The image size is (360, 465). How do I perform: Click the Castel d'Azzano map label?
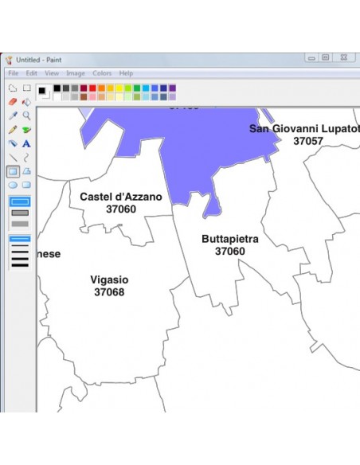(121, 197)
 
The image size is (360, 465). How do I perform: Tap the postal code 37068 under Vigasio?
(109, 292)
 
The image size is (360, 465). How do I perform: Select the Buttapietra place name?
(229, 239)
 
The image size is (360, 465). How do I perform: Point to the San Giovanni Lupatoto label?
(304, 128)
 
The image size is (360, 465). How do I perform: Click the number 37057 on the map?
(308, 141)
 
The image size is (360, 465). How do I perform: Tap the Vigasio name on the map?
(109, 280)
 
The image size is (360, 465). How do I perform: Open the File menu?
(14, 73)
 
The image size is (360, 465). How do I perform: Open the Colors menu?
(102, 73)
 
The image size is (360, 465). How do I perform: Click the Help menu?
(127, 73)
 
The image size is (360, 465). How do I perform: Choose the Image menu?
(76, 73)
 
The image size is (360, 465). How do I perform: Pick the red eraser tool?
(13, 102)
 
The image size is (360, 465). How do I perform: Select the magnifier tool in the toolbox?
(26, 115)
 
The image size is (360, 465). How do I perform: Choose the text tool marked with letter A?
(26, 143)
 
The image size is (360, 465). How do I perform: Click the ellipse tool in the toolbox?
(13, 185)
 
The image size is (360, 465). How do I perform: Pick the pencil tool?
(13, 129)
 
